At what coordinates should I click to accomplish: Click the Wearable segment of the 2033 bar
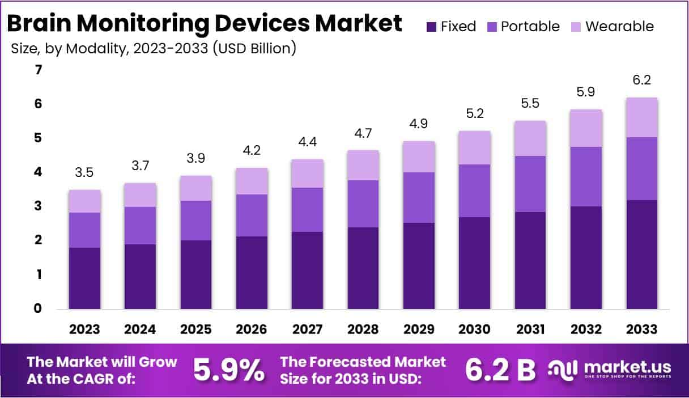click(642, 117)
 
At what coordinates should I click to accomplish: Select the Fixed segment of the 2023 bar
click(85, 278)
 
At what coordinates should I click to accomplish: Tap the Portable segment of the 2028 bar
click(363, 204)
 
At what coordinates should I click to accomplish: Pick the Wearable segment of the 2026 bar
click(252, 181)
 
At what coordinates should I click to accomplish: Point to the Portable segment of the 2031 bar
click(530, 184)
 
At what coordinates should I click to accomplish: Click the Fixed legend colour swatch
click(431, 26)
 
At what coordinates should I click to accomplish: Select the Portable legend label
click(530, 26)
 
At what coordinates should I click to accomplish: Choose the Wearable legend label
click(619, 26)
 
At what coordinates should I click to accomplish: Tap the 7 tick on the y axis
click(39, 70)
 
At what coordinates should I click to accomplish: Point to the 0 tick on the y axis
click(39, 309)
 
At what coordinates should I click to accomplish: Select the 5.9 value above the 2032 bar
click(586, 92)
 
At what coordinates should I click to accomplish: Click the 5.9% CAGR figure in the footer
click(228, 370)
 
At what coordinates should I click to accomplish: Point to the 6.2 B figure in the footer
click(500, 370)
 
